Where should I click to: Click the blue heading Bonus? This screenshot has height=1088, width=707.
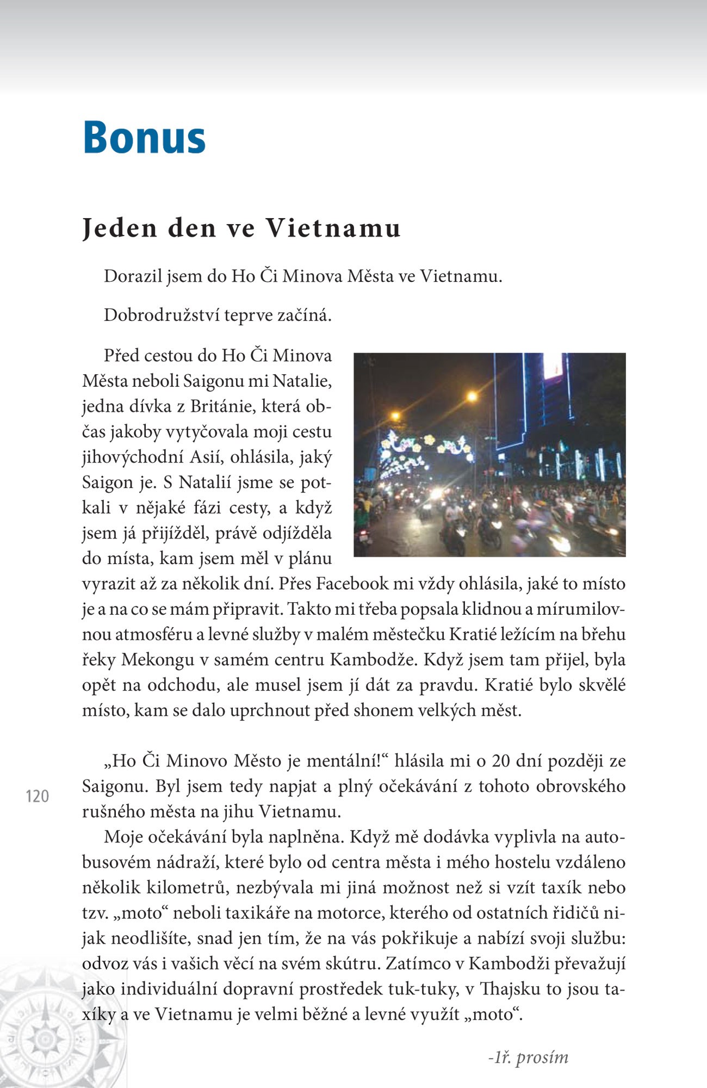(x=144, y=138)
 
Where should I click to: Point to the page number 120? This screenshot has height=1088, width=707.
(x=38, y=796)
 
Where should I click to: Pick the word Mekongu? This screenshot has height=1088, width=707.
(x=158, y=660)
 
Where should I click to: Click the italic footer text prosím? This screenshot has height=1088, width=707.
(x=542, y=1058)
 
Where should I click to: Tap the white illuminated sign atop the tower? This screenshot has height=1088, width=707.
(x=553, y=365)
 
